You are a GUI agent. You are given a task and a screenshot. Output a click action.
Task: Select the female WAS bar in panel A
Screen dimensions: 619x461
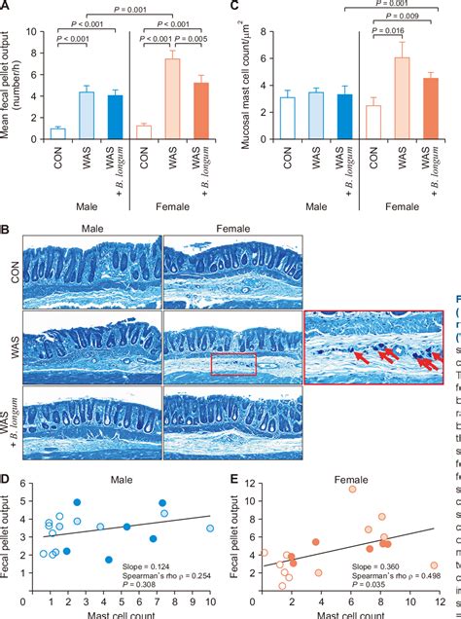pos(171,100)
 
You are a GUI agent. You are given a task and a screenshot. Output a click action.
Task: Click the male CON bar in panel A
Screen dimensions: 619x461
pos(57,134)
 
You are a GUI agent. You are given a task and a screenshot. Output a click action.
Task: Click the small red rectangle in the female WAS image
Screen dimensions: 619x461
pos(232,364)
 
